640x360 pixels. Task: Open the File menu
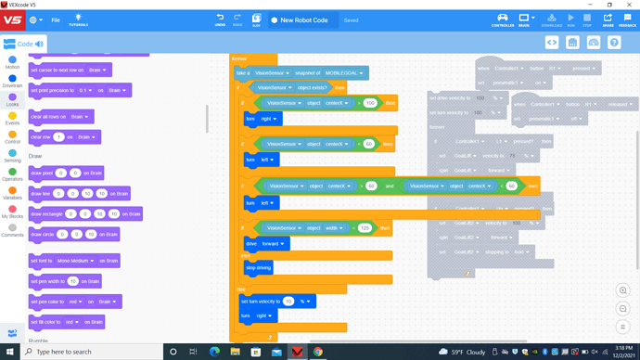point(56,19)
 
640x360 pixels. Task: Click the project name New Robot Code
point(306,19)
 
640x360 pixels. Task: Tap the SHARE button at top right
point(608,19)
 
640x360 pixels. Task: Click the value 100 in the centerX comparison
point(369,103)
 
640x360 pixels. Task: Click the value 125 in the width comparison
point(365,227)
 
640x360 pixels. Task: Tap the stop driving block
point(259,267)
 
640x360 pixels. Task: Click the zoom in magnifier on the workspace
point(623,290)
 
